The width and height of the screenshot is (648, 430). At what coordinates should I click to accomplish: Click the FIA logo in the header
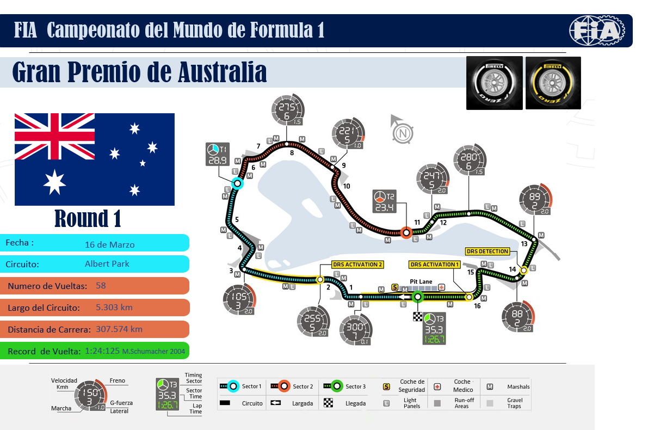click(x=596, y=30)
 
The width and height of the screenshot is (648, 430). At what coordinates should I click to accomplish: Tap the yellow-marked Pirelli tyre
click(x=553, y=83)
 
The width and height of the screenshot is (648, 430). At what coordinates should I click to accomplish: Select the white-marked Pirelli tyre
click(x=494, y=83)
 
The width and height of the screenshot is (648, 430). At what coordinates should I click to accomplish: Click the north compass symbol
click(x=402, y=132)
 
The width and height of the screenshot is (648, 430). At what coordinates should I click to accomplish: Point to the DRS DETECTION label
click(x=487, y=251)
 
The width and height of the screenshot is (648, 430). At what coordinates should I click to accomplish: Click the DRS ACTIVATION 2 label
click(x=358, y=265)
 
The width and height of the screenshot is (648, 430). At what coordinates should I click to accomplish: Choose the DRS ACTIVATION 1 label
click(x=434, y=265)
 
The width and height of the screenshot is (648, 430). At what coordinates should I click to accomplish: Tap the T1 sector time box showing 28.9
click(x=217, y=153)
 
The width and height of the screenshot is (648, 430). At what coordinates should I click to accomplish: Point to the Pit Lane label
click(x=421, y=282)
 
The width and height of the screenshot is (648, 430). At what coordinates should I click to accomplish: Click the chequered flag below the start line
click(x=418, y=317)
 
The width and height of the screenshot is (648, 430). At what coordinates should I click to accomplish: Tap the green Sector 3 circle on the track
click(x=417, y=297)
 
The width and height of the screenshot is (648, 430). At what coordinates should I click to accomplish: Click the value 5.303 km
click(x=114, y=308)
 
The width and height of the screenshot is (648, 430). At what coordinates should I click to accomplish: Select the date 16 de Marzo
click(x=110, y=244)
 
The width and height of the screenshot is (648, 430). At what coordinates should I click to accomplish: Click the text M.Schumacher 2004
click(x=154, y=352)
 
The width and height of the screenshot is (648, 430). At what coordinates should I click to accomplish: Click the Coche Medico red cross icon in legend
click(x=437, y=386)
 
